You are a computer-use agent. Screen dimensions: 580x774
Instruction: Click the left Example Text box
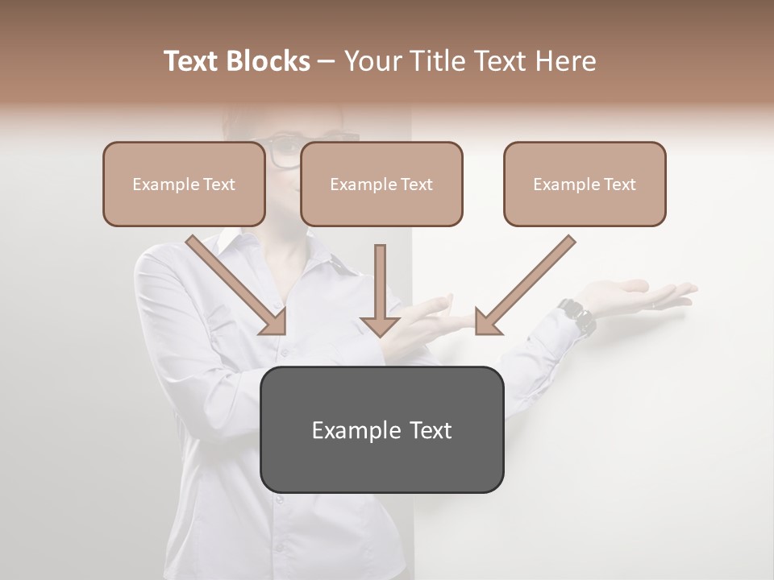[184, 184]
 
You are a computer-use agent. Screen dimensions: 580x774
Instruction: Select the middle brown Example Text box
[381, 184]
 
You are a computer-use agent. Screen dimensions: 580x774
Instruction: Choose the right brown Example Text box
[585, 184]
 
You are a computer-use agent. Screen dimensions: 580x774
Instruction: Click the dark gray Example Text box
[381, 429]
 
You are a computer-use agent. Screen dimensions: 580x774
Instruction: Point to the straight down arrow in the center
[380, 290]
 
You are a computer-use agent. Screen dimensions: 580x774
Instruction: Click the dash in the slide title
[327, 62]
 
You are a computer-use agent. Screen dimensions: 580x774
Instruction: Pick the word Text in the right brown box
[620, 184]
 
